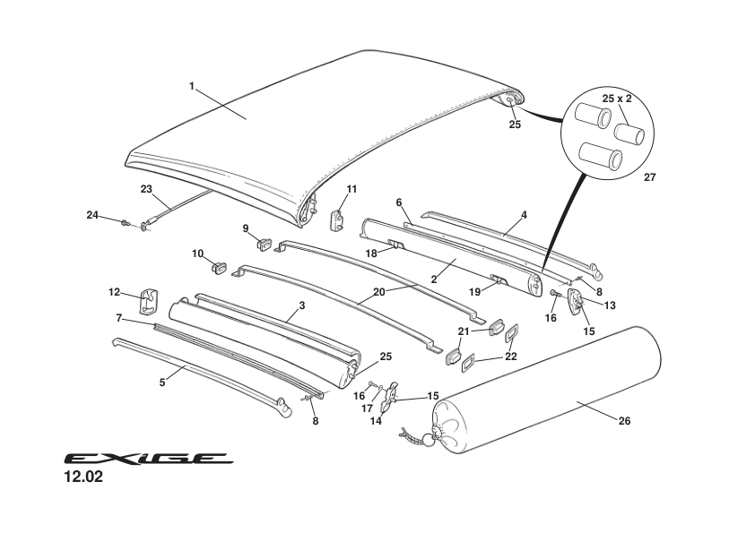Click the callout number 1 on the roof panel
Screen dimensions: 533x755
click(x=191, y=86)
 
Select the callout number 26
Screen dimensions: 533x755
click(x=623, y=421)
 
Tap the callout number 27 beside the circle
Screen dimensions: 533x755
click(x=650, y=177)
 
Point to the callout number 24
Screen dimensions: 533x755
click(x=92, y=214)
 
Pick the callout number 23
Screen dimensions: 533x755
click(x=147, y=188)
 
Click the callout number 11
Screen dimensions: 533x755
click(x=351, y=188)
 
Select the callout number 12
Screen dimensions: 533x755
click(x=114, y=292)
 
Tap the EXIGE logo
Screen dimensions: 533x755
click(x=149, y=459)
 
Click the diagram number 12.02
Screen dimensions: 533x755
click(x=82, y=477)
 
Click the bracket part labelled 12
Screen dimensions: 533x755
click(x=149, y=301)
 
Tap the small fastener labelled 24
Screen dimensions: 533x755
click(x=126, y=221)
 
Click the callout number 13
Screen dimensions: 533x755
click(x=610, y=305)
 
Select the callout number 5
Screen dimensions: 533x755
click(x=162, y=383)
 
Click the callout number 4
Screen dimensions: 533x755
click(x=524, y=215)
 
